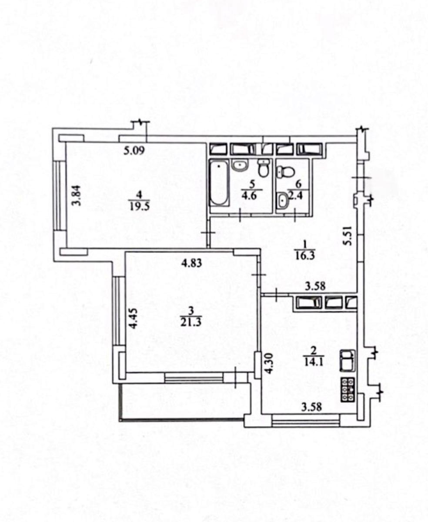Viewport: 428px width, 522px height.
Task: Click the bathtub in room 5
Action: point(219,183)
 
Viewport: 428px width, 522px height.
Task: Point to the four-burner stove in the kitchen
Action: point(348,390)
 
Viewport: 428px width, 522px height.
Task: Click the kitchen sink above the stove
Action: point(348,361)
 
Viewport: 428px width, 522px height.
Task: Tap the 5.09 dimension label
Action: point(134,151)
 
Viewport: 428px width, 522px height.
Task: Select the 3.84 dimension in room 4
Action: point(76,196)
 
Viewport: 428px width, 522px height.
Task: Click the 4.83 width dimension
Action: point(191,263)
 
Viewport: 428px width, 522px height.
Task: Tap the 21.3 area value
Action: point(191,322)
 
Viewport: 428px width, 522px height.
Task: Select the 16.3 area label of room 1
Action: point(305,256)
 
